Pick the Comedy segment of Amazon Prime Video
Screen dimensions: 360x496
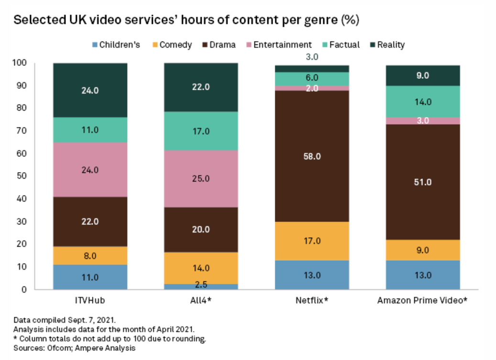pyautogui.click(x=422, y=250)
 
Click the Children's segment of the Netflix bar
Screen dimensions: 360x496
pyautogui.click(x=312, y=275)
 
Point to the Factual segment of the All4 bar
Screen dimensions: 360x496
pyautogui.click(x=201, y=131)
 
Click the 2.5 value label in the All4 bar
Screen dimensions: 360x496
pyautogui.click(x=201, y=286)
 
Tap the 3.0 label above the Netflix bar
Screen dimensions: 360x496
pyautogui.click(x=312, y=57)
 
